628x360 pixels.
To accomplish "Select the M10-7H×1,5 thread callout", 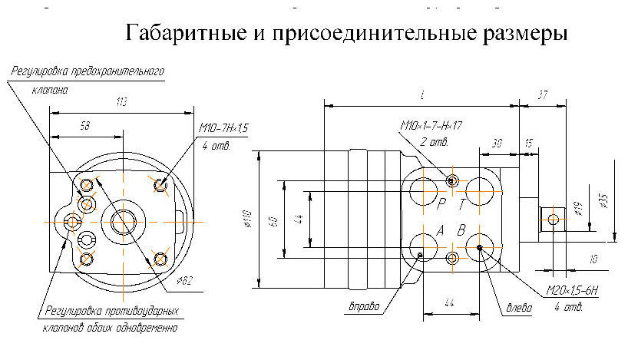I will click(224, 128).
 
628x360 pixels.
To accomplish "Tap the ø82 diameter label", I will click(183, 281).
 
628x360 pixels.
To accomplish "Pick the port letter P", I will click(441, 205).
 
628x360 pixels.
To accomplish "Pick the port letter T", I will click(461, 205).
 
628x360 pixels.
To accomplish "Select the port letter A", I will click(441, 230).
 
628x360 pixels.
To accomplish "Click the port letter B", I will click(461, 230).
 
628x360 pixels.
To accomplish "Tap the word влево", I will click(519, 309).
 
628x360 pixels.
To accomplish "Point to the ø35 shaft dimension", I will click(604, 200).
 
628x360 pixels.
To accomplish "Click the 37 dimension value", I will click(544, 95).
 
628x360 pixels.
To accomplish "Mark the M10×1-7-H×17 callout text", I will click(435, 125).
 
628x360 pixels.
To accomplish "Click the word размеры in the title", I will click(526, 34).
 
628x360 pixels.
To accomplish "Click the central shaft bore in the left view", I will click(124, 223).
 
